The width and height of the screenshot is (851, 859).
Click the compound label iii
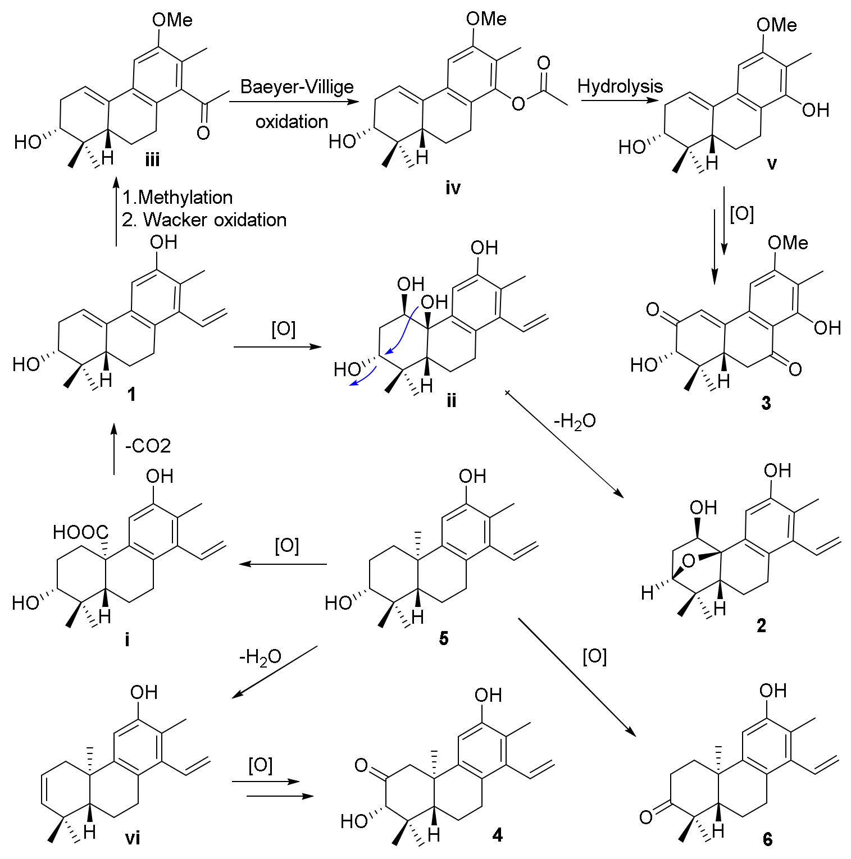tap(152, 161)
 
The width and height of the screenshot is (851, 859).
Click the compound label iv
tap(453, 188)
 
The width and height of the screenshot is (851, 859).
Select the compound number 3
tap(766, 403)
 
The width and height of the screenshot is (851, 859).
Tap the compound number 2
tap(761, 625)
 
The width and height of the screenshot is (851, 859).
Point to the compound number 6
tap(767, 839)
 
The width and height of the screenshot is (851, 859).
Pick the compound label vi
tap(133, 838)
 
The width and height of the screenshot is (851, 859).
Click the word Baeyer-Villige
tap(297, 86)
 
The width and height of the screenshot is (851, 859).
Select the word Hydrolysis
tap(620, 86)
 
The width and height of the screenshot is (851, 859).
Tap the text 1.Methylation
tap(178, 197)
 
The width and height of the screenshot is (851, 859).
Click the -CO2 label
tap(148, 446)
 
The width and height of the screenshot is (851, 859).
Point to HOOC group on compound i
tap(80, 532)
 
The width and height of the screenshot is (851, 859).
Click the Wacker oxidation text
tap(215, 220)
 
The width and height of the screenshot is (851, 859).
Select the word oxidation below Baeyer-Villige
tap(292, 121)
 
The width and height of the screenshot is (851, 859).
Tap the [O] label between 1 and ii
tap(283, 329)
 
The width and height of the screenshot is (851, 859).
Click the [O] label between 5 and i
tap(286, 546)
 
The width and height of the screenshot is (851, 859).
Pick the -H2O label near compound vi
tap(260, 656)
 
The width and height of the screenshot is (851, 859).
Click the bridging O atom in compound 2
tap(689, 560)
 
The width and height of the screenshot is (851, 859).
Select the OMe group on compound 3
tap(788, 243)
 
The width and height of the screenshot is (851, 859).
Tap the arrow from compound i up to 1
tap(114, 449)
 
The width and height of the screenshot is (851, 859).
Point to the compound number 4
tap(497, 835)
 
